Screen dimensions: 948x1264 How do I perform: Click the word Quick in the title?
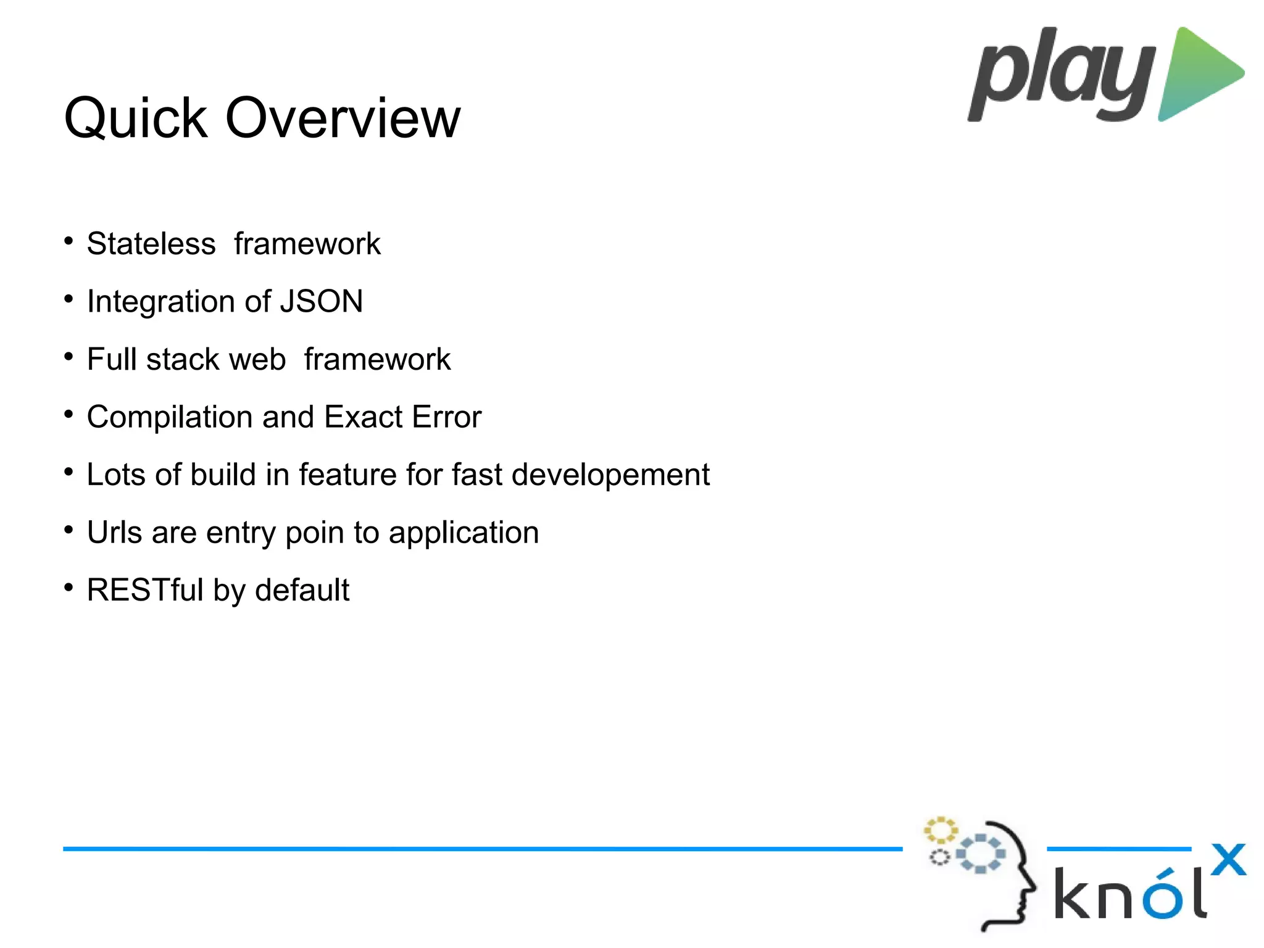(x=135, y=119)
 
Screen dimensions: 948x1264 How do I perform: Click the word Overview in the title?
(x=343, y=118)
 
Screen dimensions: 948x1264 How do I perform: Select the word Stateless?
(x=151, y=244)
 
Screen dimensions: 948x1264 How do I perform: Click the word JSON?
(x=322, y=302)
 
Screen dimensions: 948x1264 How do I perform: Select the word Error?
(x=447, y=417)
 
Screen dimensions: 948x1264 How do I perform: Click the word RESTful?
(x=145, y=590)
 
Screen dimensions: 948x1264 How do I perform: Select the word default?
(x=302, y=590)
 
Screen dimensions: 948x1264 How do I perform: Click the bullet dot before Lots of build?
(x=69, y=472)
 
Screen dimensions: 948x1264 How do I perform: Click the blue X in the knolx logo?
(x=1228, y=859)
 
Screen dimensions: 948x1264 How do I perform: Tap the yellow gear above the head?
(x=940, y=830)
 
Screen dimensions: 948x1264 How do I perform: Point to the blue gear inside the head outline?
(x=980, y=854)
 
